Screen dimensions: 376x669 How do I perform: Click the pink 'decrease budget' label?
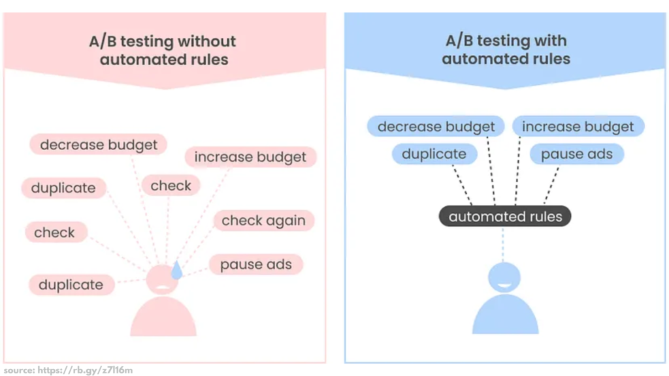98,144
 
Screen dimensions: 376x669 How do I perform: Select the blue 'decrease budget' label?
436,127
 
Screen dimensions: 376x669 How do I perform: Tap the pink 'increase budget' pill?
250,157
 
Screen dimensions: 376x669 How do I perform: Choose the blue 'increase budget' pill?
578,127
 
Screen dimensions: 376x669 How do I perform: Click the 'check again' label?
263,221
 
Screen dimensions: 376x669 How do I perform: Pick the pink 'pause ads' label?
255,264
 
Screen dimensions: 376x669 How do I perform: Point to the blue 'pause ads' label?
577,155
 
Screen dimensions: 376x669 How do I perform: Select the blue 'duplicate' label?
434,155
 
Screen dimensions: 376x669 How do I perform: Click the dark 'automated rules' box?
505,217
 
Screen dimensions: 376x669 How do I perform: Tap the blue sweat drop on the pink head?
176,270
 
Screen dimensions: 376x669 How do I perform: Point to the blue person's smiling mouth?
505,285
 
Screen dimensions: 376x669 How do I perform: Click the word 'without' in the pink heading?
205,42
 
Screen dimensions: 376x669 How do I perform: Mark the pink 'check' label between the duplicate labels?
55,232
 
